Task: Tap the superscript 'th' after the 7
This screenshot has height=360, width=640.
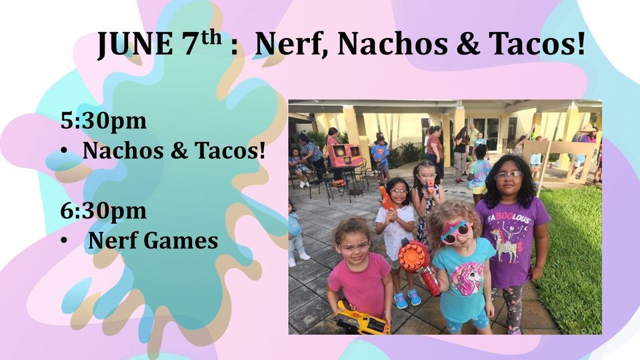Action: [x=211, y=37]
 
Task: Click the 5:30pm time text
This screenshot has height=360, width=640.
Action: [x=103, y=121]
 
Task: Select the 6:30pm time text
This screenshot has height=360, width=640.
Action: [x=103, y=210]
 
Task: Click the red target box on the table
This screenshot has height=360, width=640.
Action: [x=345, y=156]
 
